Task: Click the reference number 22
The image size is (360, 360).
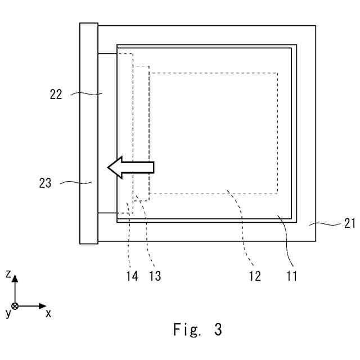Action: (56, 94)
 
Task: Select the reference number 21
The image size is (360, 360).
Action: (350, 223)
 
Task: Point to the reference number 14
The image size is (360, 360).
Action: (132, 276)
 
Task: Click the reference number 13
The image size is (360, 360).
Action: (155, 276)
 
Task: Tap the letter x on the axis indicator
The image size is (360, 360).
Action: (48, 313)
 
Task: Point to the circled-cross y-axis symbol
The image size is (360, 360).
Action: (15, 306)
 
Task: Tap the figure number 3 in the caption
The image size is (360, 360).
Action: (218, 330)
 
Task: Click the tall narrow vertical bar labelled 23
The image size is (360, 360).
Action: (89, 133)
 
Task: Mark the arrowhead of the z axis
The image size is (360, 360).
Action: (15, 278)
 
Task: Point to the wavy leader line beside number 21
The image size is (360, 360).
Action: (326, 223)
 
